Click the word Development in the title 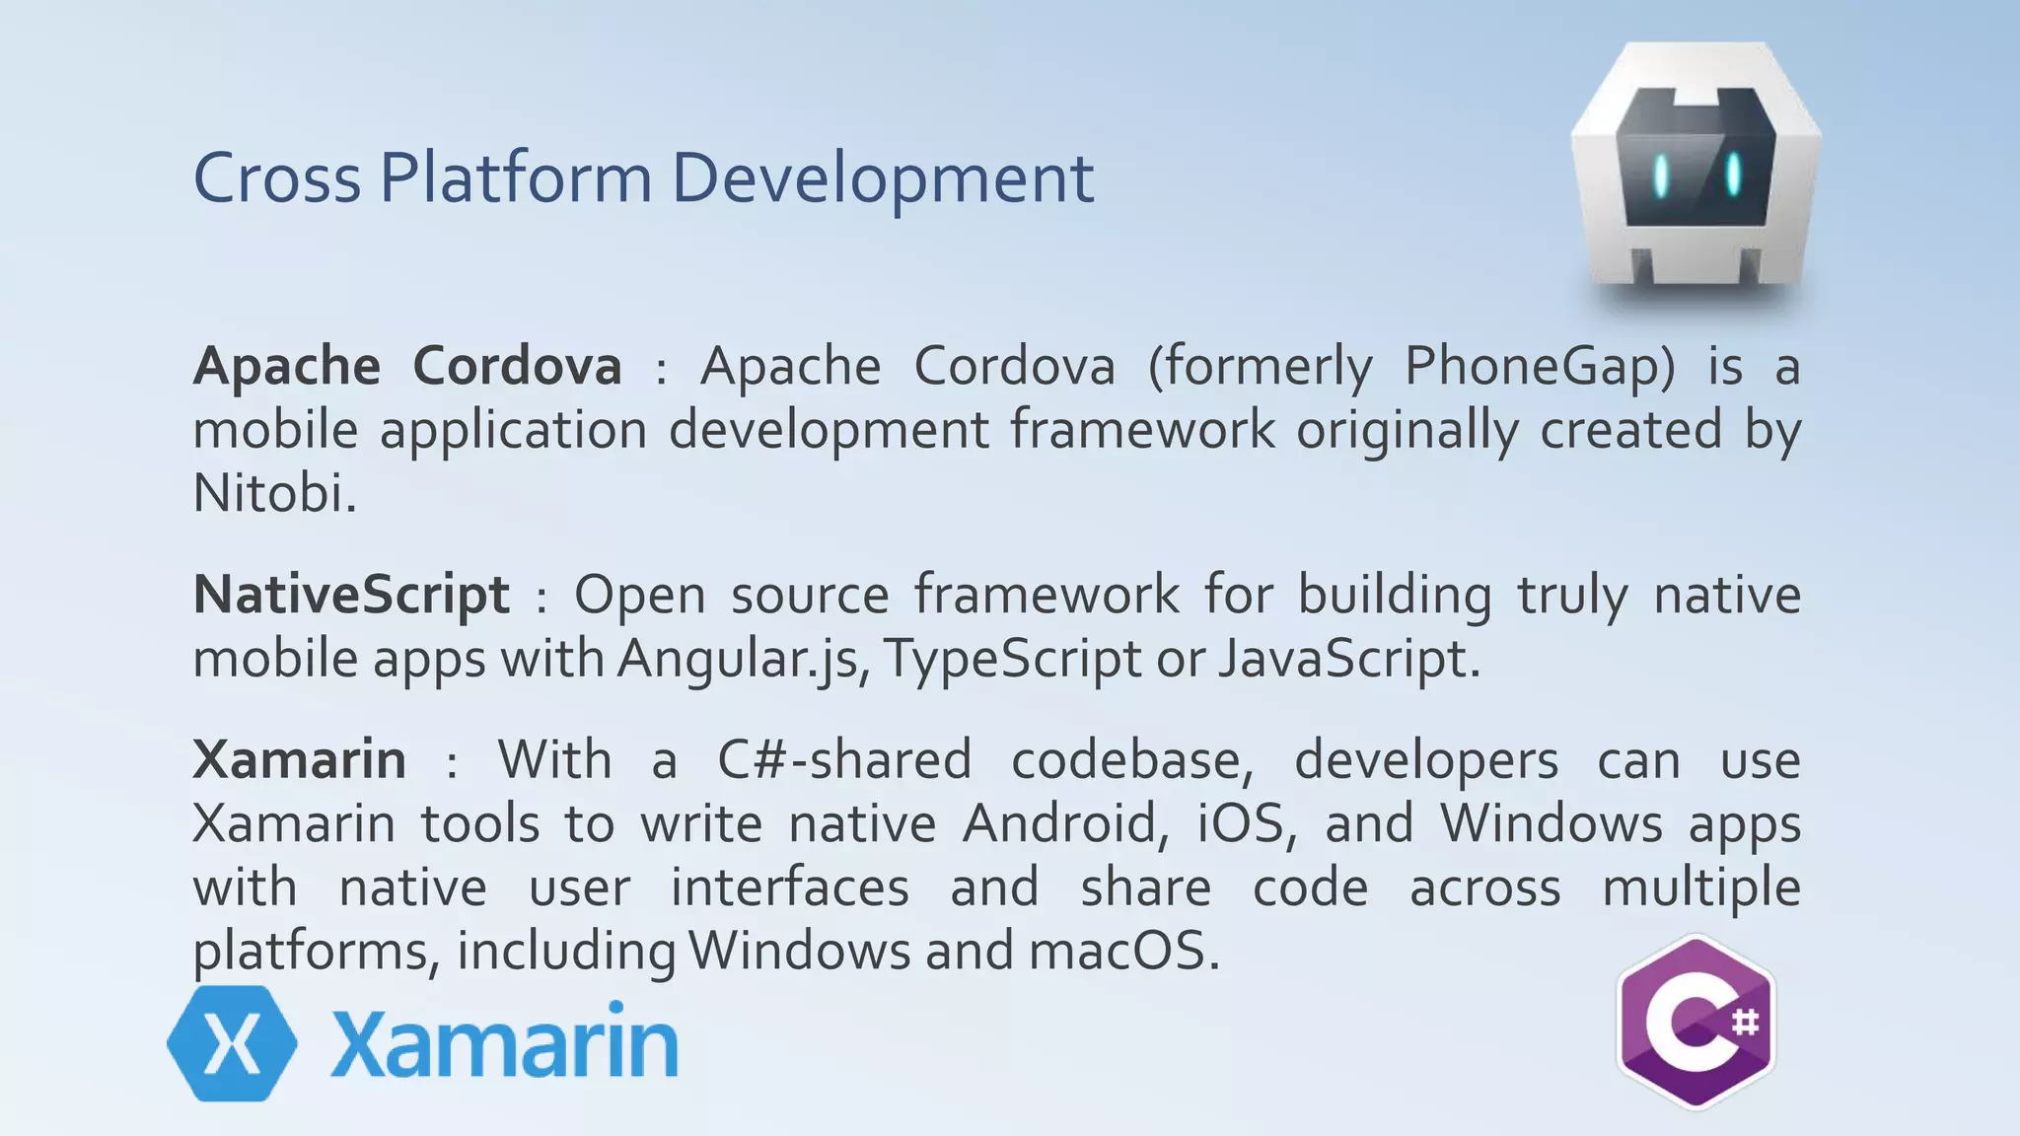[883, 179]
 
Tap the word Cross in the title [277, 179]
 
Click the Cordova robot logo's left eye [1661, 175]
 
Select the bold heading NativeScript [351, 596]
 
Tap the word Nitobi [273, 493]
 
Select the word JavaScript [1347, 660]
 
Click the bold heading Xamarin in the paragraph [299, 760]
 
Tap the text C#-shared [844, 760]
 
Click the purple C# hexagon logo [1695, 1023]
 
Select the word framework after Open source [1046, 596]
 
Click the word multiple [1700, 887]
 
